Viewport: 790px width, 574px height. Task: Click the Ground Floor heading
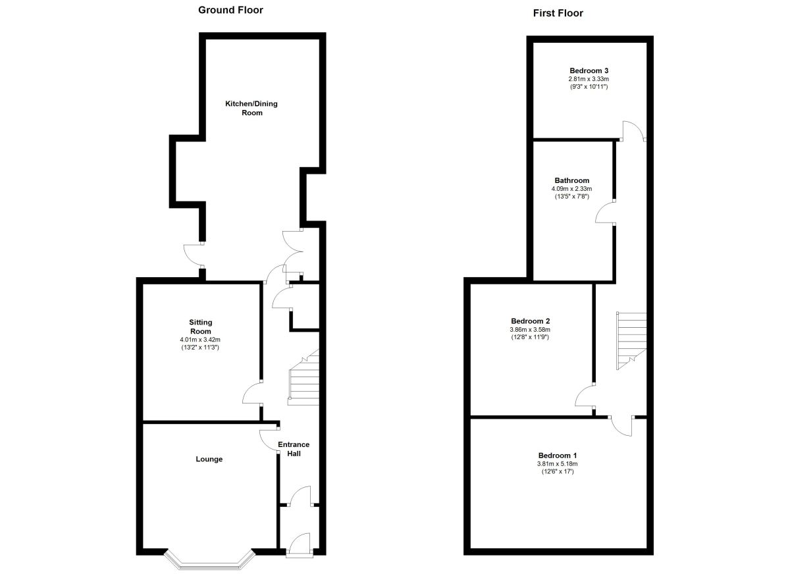230,10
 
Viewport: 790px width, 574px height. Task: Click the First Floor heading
558,13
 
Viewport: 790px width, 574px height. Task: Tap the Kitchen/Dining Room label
251,108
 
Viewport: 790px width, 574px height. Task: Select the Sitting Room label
201,327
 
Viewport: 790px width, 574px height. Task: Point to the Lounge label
209,459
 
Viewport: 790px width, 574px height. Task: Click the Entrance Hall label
294,449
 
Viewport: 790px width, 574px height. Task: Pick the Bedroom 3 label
589,70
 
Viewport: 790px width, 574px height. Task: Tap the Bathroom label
571,180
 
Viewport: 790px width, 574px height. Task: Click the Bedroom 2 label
531,321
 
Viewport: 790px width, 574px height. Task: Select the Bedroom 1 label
558,456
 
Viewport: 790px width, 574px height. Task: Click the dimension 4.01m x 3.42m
200,340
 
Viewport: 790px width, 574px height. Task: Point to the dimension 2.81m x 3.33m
589,80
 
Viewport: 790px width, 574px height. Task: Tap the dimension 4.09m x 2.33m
571,189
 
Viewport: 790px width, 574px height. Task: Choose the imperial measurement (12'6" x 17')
558,472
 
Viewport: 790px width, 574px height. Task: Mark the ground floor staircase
303,377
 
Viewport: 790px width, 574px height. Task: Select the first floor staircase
631,340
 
